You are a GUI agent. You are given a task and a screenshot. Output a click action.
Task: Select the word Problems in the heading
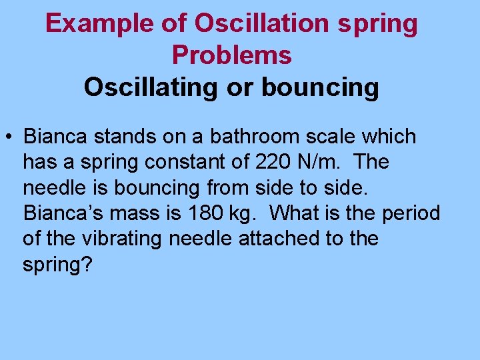click(x=231, y=55)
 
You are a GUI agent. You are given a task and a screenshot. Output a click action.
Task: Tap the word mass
click(x=141, y=213)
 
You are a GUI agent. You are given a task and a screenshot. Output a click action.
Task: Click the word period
click(x=411, y=213)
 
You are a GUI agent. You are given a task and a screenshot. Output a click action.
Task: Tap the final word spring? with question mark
click(x=57, y=265)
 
